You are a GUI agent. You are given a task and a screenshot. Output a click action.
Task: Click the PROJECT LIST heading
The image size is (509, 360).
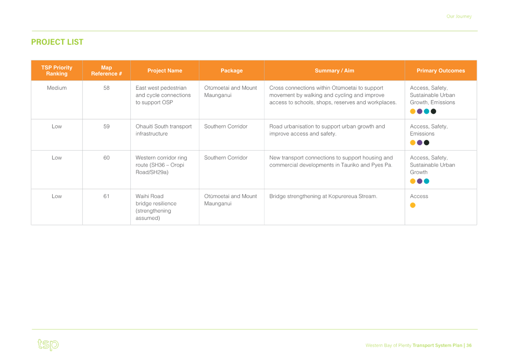57,42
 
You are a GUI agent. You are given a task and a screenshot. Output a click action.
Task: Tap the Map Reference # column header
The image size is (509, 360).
106,71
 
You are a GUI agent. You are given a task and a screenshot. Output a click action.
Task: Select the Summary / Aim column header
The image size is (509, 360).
334,71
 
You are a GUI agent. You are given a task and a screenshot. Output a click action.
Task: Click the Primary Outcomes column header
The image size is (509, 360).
441,71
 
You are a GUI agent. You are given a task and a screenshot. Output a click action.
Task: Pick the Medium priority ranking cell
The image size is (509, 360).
57,88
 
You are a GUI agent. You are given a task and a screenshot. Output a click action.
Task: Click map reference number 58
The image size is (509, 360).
106,88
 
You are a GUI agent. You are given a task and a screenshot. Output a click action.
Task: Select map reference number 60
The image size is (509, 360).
106,158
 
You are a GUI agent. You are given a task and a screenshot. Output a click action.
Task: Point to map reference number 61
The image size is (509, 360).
106,196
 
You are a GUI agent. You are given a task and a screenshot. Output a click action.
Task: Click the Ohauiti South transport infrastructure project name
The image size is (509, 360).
164,130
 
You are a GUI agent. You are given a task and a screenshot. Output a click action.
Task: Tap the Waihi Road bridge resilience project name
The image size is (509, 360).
156,207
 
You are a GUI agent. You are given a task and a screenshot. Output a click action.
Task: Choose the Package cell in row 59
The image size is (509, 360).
226,127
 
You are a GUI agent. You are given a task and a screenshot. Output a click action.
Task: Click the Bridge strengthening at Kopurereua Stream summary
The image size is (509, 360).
323,196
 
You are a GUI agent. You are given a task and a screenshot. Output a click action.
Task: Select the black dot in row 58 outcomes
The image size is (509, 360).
433,111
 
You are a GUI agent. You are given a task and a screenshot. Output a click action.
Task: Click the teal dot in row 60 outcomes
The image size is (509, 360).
427,181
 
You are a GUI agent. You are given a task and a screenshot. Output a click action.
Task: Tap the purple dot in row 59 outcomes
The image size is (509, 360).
420,143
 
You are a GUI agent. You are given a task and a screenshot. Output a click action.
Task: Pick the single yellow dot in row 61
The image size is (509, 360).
413,205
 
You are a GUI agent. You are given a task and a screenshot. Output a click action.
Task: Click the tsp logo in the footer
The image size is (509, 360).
48,345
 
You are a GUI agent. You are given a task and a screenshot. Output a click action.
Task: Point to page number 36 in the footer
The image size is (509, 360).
469,345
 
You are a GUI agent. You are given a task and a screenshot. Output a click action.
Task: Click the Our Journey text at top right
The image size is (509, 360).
459,16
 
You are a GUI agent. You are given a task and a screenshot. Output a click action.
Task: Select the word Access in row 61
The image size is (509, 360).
419,196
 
